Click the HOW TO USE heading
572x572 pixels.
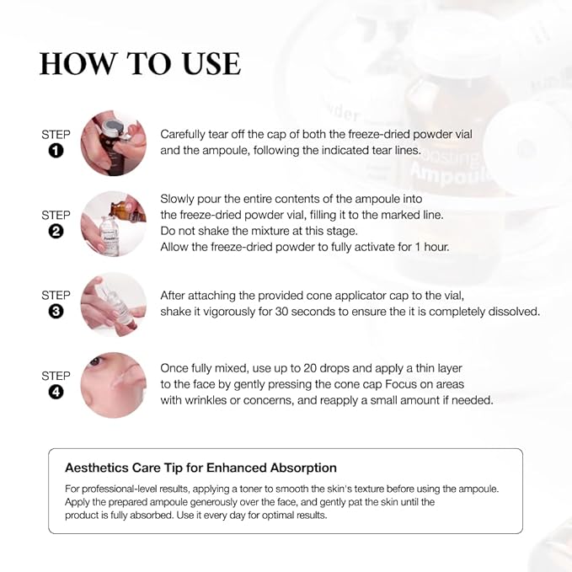[x=140, y=64]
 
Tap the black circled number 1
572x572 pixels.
[x=56, y=152]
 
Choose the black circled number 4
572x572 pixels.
[x=56, y=392]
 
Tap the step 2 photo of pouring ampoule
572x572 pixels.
[x=114, y=223]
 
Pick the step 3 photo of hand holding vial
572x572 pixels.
[x=114, y=304]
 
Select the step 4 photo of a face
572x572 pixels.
[x=114, y=385]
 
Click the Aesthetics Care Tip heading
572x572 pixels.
[x=200, y=468]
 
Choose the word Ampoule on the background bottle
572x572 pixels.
[x=444, y=177]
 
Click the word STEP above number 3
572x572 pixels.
[x=56, y=296]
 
